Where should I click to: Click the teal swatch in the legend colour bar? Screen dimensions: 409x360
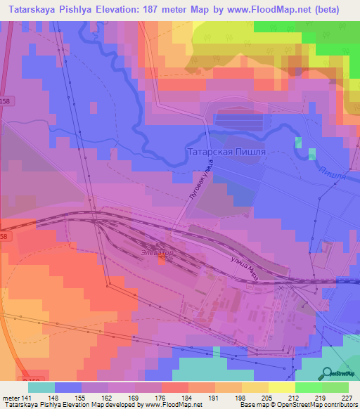[x=41, y=387]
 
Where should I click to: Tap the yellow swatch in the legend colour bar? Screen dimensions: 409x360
[x=281, y=387]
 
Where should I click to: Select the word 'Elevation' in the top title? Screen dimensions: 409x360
[x=102, y=10]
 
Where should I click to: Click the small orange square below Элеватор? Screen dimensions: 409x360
[x=162, y=260]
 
